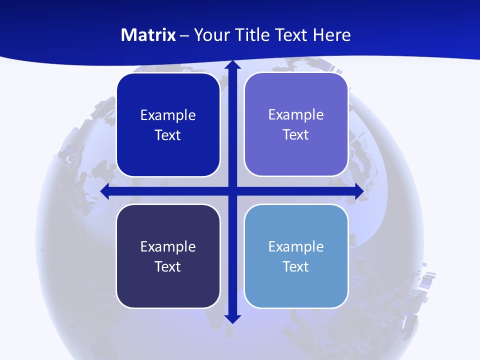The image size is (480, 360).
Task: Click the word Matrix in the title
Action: pyautogui.click(x=148, y=35)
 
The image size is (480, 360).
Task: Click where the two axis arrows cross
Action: pyautogui.click(x=232, y=191)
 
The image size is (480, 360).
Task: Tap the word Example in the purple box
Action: pyautogui.click(x=296, y=114)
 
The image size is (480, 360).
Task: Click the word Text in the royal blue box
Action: pyautogui.click(x=167, y=135)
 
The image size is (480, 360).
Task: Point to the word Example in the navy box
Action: pyautogui.click(x=168, y=246)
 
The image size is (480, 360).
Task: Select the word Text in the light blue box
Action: pyautogui.click(x=295, y=266)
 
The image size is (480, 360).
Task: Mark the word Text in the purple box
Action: pyautogui.click(x=295, y=135)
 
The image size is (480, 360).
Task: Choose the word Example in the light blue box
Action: pyautogui.click(x=296, y=246)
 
